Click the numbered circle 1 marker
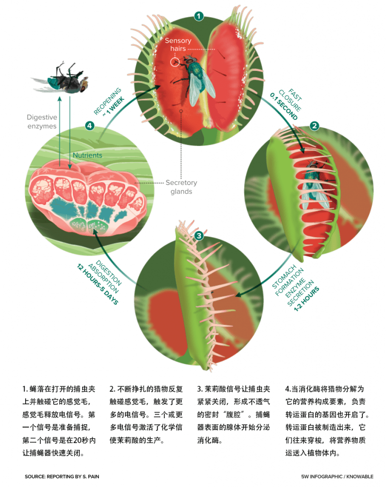click(x=199, y=16)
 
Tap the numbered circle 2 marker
click(x=314, y=126)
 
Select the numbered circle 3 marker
click(x=199, y=236)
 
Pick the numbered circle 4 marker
click(x=90, y=126)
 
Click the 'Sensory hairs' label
click(x=178, y=44)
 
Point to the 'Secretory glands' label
click(x=181, y=186)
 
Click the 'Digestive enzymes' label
click(x=42, y=121)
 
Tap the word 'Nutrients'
click(x=87, y=156)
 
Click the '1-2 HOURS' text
click(x=306, y=299)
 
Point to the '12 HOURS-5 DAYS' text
click(x=97, y=284)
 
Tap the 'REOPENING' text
click(x=107, y=101)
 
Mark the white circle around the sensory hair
click(x=175, y=62)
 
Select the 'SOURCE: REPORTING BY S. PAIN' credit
click(x=62, y=477)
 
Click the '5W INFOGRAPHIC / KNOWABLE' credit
click(x=337, y=477)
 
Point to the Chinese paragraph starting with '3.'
click(x=234, y=415)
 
